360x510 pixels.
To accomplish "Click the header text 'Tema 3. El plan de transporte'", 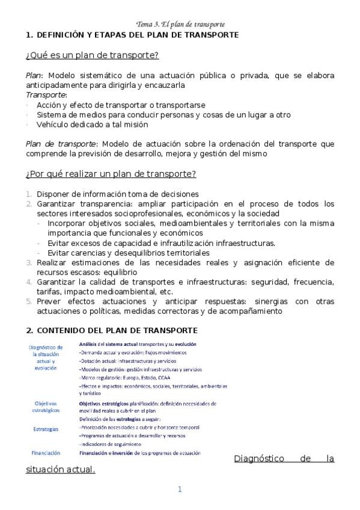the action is (x=180, y=25).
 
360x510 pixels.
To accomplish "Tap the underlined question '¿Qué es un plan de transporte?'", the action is (x=92, y=55).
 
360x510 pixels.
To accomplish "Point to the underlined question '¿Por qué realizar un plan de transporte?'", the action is (x=111, y=174).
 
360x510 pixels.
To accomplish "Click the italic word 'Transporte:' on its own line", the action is (x=46, y=95).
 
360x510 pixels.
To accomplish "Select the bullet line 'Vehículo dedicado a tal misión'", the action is (x=92, y=124).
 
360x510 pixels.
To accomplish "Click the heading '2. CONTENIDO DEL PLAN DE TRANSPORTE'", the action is (x=111, y=331).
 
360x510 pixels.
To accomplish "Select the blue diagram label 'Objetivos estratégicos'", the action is (x=46, y=407).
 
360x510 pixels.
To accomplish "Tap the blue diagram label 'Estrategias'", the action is (x=46, y=429).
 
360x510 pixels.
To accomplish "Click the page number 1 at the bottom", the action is (x=179, y=490).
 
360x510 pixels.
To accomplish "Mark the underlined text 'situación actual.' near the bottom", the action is (x=61, y=469).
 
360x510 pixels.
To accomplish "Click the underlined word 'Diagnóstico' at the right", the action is (x=257, y=459).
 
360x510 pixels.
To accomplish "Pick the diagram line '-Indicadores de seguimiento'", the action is (x=112, y=444).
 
